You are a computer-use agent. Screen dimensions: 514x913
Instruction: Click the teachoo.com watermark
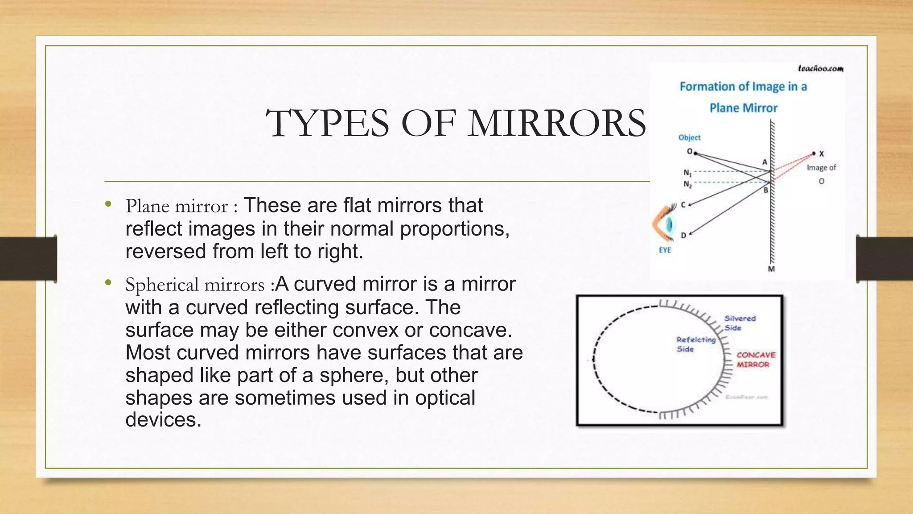[x=820, y=68]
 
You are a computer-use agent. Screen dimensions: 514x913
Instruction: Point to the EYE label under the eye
[x=665, y=250]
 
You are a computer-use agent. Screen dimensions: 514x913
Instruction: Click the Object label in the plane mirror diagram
[x=689, y=137]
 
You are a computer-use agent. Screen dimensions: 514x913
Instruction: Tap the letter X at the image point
[x=822, y=154]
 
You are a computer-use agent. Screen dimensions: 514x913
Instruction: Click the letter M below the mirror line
[x=771, y=269]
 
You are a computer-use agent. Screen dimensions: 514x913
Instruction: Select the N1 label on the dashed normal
[x=687, y=172]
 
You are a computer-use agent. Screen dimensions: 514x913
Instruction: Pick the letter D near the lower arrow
[x=683, y=235]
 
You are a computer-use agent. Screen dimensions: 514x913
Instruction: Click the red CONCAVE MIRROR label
[x=756, y=360]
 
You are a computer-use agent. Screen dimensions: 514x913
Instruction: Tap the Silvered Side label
[x=740, y=323]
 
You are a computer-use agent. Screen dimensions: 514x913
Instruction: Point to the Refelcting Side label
[x=695, y=344]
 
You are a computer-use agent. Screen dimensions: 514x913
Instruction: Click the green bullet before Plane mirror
[x=107, y=205]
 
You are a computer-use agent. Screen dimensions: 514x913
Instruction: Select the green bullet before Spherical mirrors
[x=107, y=282]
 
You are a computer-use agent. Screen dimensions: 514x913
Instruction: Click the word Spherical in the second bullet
[x=162, y=285]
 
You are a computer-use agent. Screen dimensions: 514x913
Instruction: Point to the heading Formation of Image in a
[x=743, y=87]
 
